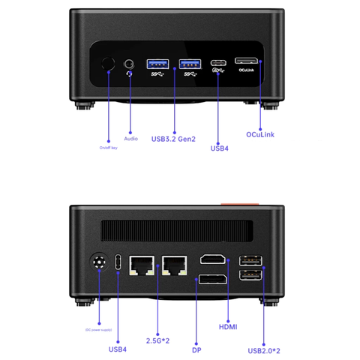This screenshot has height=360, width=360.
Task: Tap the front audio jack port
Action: point(132,65)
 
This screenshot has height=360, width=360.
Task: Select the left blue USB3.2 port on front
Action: point(158,63)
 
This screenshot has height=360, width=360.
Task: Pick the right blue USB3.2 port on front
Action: point(190,63)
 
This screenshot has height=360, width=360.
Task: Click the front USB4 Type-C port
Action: point(219,63)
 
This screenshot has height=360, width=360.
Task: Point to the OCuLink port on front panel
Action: point(247,60)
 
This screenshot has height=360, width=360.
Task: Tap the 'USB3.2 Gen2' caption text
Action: point(174,139)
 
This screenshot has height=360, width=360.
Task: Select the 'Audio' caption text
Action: point(131,139)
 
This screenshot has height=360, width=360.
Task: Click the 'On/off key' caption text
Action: point(109,148)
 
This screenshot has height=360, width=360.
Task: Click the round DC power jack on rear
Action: point(97,263)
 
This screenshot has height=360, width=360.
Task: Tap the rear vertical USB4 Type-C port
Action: point(118,264)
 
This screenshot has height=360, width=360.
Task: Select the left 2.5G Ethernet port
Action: point(142,265)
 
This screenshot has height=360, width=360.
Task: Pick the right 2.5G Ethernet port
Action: point(173,265)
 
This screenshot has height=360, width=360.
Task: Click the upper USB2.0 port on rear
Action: point(250,261)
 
